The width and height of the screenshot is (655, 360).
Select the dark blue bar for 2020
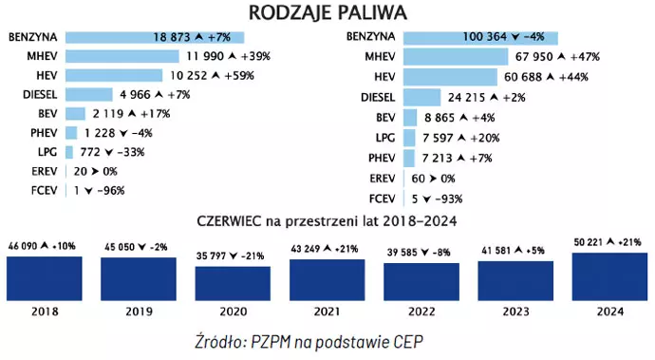(x=232, y=282)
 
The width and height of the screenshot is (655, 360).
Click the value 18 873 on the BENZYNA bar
(x=178, y=37)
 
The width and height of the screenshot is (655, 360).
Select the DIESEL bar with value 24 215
(x=423, y=97)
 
